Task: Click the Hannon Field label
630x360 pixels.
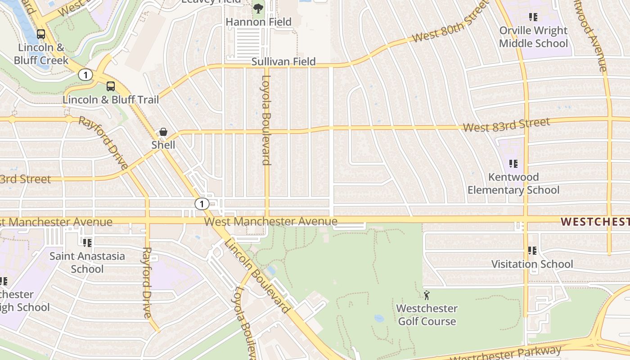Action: pos(258,22)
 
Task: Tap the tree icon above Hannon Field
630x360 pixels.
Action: pos(258,8)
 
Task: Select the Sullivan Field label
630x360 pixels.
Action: pos(283,62)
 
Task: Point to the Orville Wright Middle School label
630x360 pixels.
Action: pos(534,37)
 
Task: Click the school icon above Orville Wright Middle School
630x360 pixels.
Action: pos(533,17)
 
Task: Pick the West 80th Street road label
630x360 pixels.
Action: pos(450,21)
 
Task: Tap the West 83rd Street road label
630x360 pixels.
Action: pos(506,125)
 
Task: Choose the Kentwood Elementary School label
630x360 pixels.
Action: pos(513,183)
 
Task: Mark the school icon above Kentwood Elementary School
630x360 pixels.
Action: pos(513,164)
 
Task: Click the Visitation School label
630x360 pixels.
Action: pos(532,264)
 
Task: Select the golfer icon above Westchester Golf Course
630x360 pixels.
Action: pos(427,295)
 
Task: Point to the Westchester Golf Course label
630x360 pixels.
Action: pos(427,315)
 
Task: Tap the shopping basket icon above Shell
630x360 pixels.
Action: pos(163,132)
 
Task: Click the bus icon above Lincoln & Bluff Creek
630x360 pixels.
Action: pos(41,34)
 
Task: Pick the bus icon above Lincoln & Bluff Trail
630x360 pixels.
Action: pos(111,86)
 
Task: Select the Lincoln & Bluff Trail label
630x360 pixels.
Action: pos(111,99)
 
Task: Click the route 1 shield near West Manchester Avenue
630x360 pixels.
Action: pos(202,204)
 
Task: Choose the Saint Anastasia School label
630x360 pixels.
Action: pos(87,262)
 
